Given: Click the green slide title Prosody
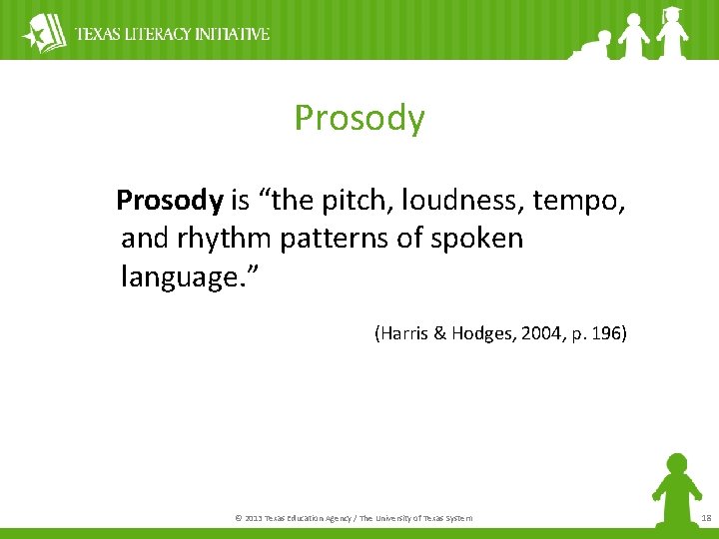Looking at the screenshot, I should pos(359,119).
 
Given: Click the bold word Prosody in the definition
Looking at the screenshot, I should pos(169,201).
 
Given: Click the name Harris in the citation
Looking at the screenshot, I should pos(403,333).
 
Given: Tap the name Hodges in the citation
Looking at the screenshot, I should pos(478,333).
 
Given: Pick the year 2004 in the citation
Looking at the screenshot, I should pos(539,333).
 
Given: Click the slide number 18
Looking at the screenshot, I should pos(706,518).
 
